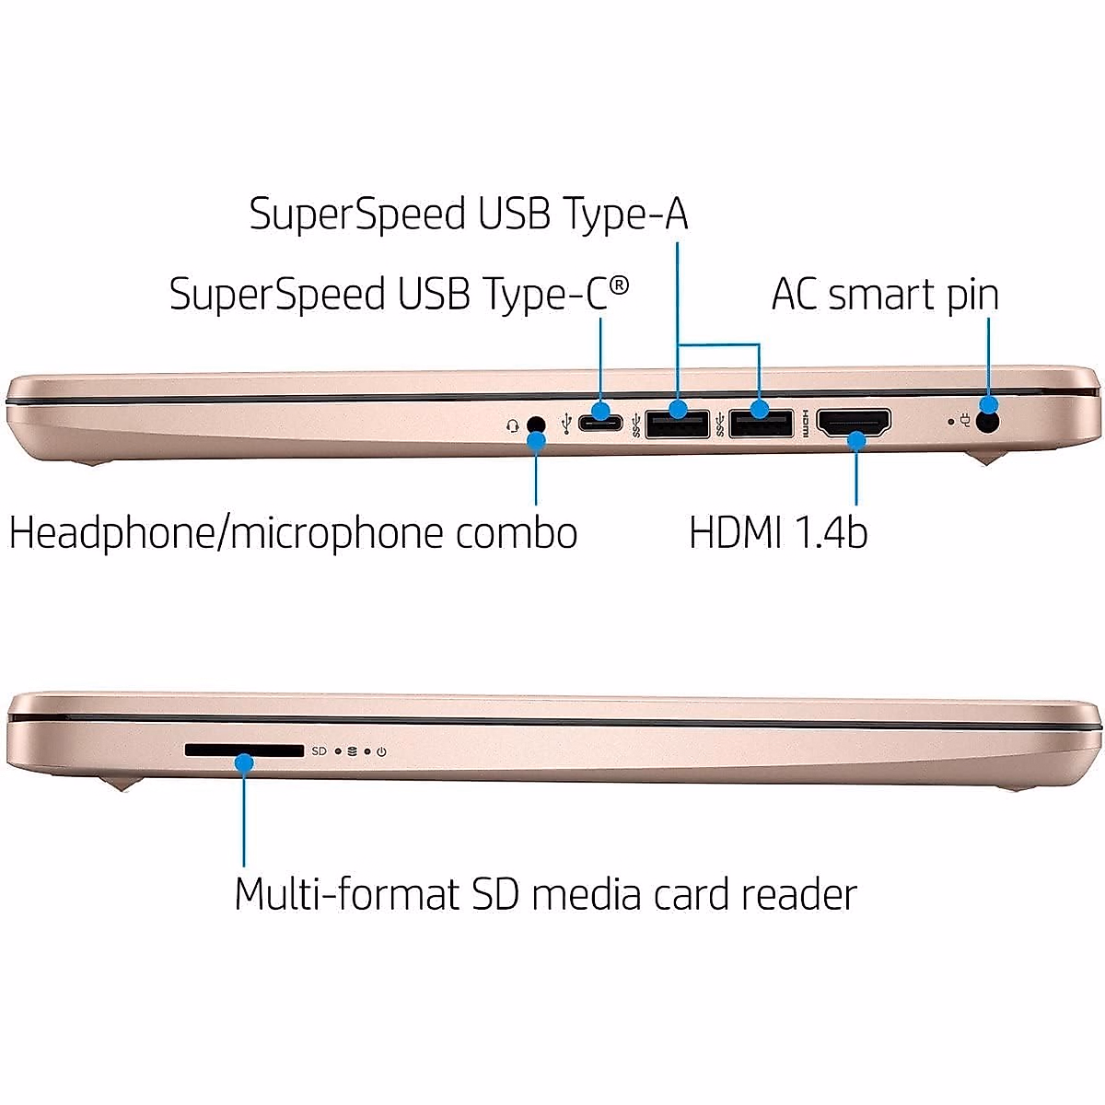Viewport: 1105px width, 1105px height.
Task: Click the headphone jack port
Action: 535,425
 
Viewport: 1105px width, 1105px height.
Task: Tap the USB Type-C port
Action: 601,423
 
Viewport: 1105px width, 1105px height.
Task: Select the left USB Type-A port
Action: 677,424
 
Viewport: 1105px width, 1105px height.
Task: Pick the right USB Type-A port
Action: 761,424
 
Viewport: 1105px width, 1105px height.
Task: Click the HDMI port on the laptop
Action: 855,423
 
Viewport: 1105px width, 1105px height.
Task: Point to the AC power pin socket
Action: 989,424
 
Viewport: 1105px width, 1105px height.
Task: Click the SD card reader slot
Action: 244,751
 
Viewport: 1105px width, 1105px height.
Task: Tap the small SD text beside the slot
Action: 319,751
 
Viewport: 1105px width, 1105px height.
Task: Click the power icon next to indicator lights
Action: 381,752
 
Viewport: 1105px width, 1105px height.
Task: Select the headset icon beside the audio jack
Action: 513,425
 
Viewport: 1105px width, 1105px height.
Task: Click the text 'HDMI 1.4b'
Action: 778,532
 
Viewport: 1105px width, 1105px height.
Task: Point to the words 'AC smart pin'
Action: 884,295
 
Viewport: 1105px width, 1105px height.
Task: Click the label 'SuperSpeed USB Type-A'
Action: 469,214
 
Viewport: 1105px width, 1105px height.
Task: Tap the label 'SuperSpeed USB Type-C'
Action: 399,295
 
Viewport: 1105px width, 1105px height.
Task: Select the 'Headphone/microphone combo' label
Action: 293,533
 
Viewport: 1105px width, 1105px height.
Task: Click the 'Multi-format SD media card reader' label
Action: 545,893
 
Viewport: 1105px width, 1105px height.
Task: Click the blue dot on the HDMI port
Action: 856,441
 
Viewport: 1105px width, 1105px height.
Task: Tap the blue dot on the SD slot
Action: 244,762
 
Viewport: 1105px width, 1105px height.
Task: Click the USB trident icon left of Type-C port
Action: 564,425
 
